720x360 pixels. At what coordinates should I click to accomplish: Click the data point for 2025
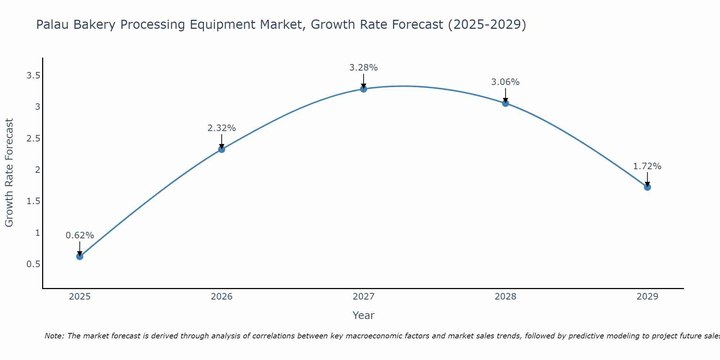click(x=80, y=256)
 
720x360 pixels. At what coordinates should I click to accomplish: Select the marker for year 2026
click(x=222, y=149)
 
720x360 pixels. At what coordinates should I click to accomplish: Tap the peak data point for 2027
click(x=364, y=89)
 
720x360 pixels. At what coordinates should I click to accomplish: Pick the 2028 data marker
click(x=505, y=103)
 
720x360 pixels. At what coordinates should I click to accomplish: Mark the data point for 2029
click(x=647, y=187)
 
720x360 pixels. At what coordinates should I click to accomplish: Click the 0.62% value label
click(x=80, y=235)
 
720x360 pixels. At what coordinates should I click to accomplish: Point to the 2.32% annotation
click(x=222, y=128)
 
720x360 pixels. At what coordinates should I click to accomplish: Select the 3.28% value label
click(x=364, y=68)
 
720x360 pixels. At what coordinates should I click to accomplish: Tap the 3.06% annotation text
click(x=505, y=82)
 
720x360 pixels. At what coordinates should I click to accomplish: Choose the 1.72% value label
click(x=647, y=166)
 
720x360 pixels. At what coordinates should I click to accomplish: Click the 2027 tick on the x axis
click(x=364, y=297)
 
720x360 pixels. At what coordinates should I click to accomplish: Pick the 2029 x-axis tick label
click(x=647, y=297)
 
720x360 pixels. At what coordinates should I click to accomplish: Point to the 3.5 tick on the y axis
click(x=33, y=76)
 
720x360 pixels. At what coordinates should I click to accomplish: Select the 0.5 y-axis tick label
click(x=33, y=264)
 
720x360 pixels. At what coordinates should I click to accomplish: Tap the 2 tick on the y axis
click(x=37, y=170)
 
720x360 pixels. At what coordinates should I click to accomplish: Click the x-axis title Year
click(x=364, y=315)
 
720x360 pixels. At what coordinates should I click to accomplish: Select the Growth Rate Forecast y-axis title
click(x=9, y=173)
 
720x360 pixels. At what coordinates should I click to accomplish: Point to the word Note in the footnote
click(x=54, y=336)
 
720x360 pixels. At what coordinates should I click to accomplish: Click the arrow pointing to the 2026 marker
click(x=222, y=141)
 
